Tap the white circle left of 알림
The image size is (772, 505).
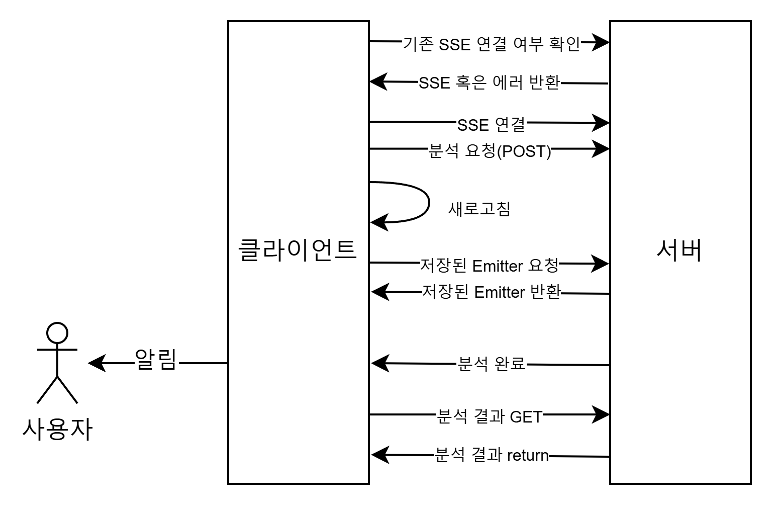tap(57, 333)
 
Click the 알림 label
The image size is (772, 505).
tap(156, 360)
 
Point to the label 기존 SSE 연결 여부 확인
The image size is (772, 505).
tap(491, 44)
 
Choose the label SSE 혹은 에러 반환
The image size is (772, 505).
tap(489, 82)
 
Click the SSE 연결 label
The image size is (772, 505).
tap(491, 124)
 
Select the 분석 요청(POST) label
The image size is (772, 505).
tap(490, 151)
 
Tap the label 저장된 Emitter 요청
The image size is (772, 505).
tap(489, 266)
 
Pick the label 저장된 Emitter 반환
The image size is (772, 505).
tap(491, 292)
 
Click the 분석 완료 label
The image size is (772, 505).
tap(491, 363)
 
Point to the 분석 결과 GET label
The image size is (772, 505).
tap(490, 416)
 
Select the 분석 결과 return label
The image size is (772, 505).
tap(491, 455)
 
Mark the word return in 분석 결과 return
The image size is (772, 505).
tap(527, 455)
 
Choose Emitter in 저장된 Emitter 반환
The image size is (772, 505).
tap(499, 292)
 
